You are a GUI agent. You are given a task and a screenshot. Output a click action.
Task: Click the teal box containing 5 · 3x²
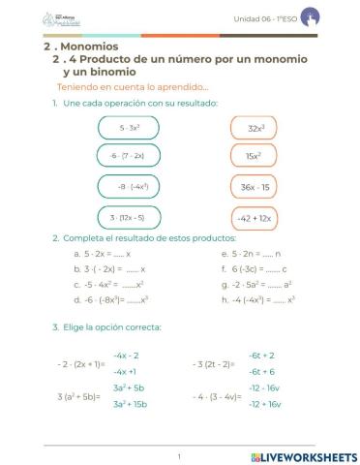129,128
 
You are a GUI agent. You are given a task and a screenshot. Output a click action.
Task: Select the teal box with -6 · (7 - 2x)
129,156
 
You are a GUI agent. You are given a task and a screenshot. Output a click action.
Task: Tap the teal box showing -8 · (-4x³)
129,187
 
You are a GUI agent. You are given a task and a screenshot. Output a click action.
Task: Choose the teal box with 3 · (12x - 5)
129,218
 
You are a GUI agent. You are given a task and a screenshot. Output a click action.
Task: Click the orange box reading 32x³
255,128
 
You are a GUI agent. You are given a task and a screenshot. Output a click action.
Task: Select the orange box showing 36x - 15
255,187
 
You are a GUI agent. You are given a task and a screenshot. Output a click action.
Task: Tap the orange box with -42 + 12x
255,218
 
